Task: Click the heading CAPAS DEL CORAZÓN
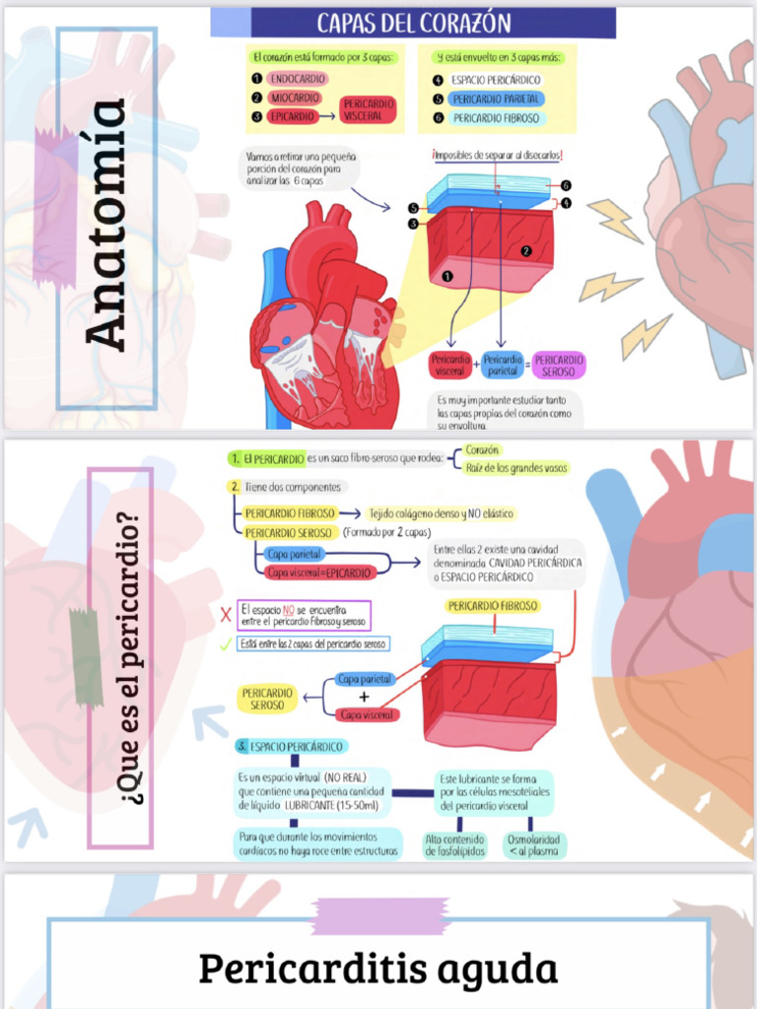(413, 23)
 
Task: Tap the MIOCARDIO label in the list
(295, 98)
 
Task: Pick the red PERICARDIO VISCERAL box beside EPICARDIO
(369, 109)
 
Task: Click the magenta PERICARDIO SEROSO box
(559, 366)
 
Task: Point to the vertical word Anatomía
(105, 226)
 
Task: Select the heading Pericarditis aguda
(378, 969)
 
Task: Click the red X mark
(226, 616)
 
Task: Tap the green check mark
(226, 644)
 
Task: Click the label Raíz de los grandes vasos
(516, 468)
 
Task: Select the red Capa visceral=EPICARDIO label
(319, 572)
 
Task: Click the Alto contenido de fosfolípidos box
(455, 845)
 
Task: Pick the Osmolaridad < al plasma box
(532, 845)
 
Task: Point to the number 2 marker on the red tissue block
(526, 251)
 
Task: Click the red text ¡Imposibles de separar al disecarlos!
(497, 155)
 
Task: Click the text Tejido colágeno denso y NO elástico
(441, 513)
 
